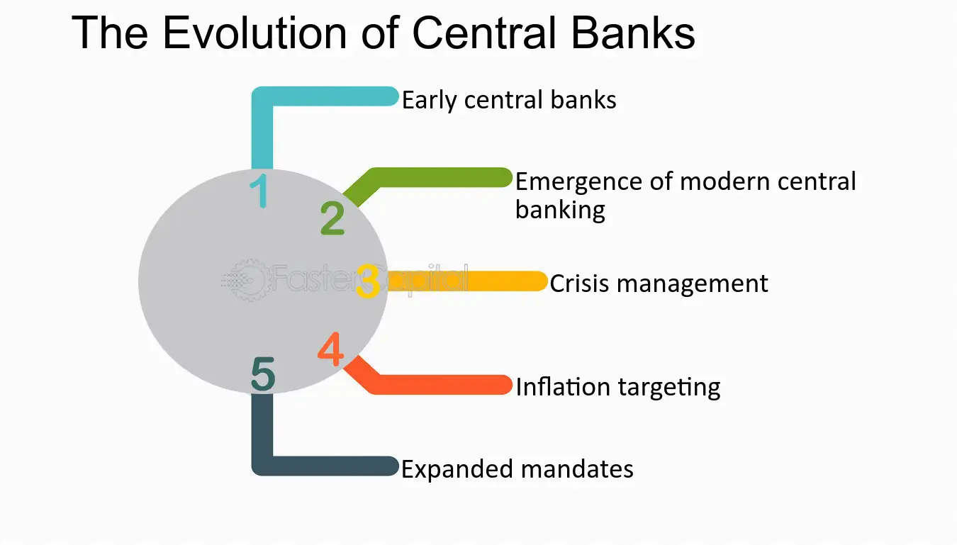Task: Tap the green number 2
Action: (x=332, y=218)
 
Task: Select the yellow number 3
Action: (x=368, y=282)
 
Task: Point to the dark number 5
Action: (x=262, y=375)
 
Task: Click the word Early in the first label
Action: (x=430, y=101)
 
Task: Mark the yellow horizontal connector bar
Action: (x=468, y=282)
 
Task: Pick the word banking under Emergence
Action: (x=560, y=210)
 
